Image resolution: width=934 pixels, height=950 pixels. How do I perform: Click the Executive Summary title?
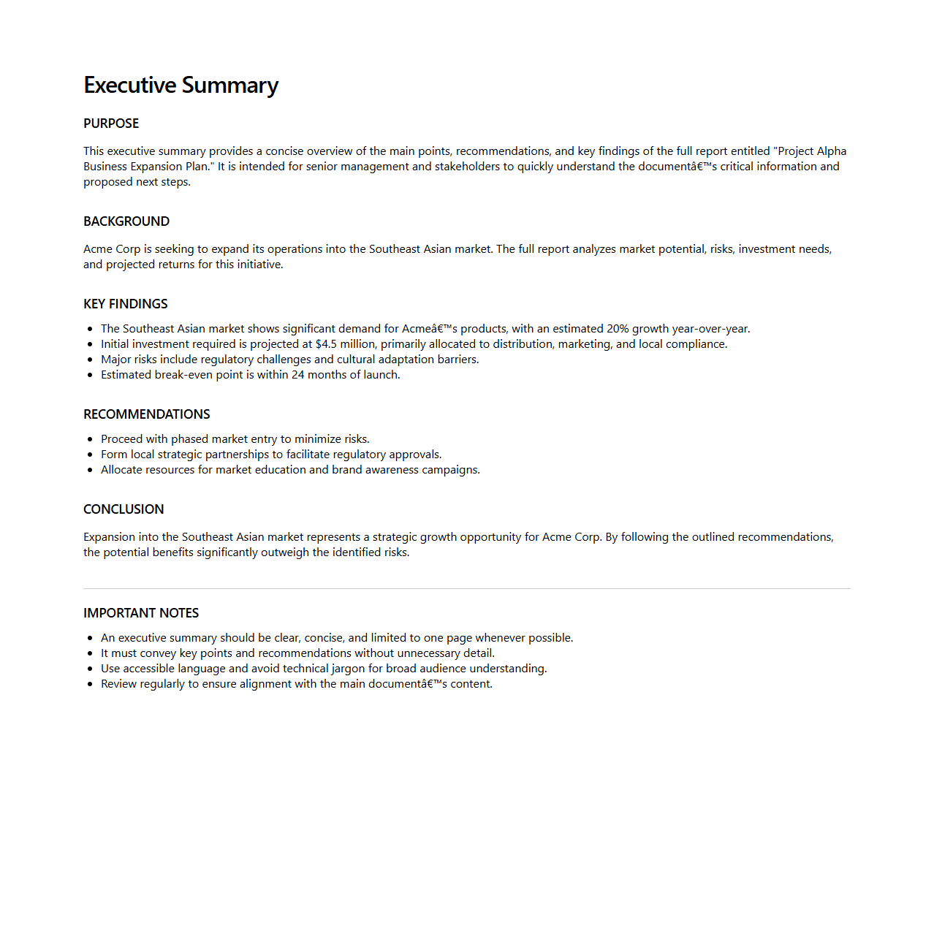pyautogui.click(x=181, y=85)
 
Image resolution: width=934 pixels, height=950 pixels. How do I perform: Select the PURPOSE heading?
pyautogui.click(x=111, y=123)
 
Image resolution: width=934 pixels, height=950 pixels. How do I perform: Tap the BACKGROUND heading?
pyautogui.click(x=126, y=221)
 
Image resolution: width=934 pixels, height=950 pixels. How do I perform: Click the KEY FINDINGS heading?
pyautogui.click(x=126, y=304)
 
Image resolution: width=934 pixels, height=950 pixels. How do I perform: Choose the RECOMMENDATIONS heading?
pyautogui.click(x=147, y=414)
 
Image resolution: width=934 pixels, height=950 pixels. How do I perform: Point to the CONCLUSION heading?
pyautogui.click(x=124, y=509)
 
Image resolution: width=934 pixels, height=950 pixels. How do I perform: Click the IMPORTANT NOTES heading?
pyautogui.click(x=141, y=613)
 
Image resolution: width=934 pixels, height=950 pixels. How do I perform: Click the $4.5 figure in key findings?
pyautogui.click(x=326, y=344)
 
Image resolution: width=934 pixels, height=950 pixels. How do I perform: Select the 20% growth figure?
pyautogui.click(x=618, y=329)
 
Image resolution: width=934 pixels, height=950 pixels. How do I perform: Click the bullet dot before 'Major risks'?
pyautogui.click(x=90, y=360)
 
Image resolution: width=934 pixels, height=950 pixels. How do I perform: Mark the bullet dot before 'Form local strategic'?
pyautogui.click(x=90, y=455)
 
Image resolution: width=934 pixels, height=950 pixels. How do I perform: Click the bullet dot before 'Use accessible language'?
pyautogui.click(x=90, y=669)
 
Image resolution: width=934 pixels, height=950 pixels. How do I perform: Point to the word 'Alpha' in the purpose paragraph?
pyautogui.click(x=832, y=151)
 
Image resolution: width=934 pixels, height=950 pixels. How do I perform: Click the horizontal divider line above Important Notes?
pyautogui.click(x=467, y=588)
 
